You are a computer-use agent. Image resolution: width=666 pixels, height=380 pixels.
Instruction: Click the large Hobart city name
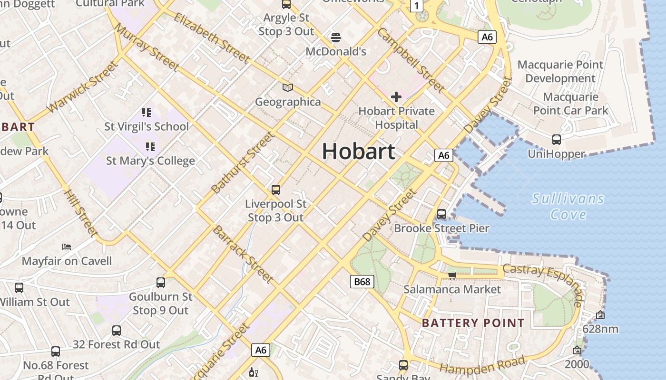359,152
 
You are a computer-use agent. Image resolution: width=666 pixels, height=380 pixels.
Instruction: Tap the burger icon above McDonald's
336,37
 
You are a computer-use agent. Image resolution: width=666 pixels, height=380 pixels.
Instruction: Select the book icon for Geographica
288,87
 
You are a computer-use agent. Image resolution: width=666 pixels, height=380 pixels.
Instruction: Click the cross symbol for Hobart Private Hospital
396,97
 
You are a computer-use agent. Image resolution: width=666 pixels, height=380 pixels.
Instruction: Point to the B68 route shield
362,282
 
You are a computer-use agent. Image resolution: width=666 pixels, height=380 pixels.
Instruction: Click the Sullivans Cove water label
568,206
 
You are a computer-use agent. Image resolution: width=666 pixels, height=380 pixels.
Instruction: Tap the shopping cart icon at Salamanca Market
452,275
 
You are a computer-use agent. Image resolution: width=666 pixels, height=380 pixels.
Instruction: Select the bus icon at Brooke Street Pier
441,214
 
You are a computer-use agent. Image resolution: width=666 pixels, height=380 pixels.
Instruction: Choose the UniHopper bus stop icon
556,140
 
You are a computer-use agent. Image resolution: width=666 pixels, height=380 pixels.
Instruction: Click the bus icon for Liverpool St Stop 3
275,190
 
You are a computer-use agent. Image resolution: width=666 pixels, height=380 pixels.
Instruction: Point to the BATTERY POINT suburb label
473,323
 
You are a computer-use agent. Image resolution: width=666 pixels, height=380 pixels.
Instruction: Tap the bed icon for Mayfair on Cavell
67,247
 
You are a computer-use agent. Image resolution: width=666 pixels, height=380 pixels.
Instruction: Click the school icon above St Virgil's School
147,113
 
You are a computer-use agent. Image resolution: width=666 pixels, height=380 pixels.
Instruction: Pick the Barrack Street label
243,255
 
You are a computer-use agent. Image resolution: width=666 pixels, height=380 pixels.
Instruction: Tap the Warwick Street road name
82,86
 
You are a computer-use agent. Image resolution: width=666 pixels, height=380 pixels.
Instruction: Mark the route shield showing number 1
417,6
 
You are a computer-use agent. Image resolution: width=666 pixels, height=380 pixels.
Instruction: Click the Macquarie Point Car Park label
571,104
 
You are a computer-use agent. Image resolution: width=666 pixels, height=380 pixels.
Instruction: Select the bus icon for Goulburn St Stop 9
161,283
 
